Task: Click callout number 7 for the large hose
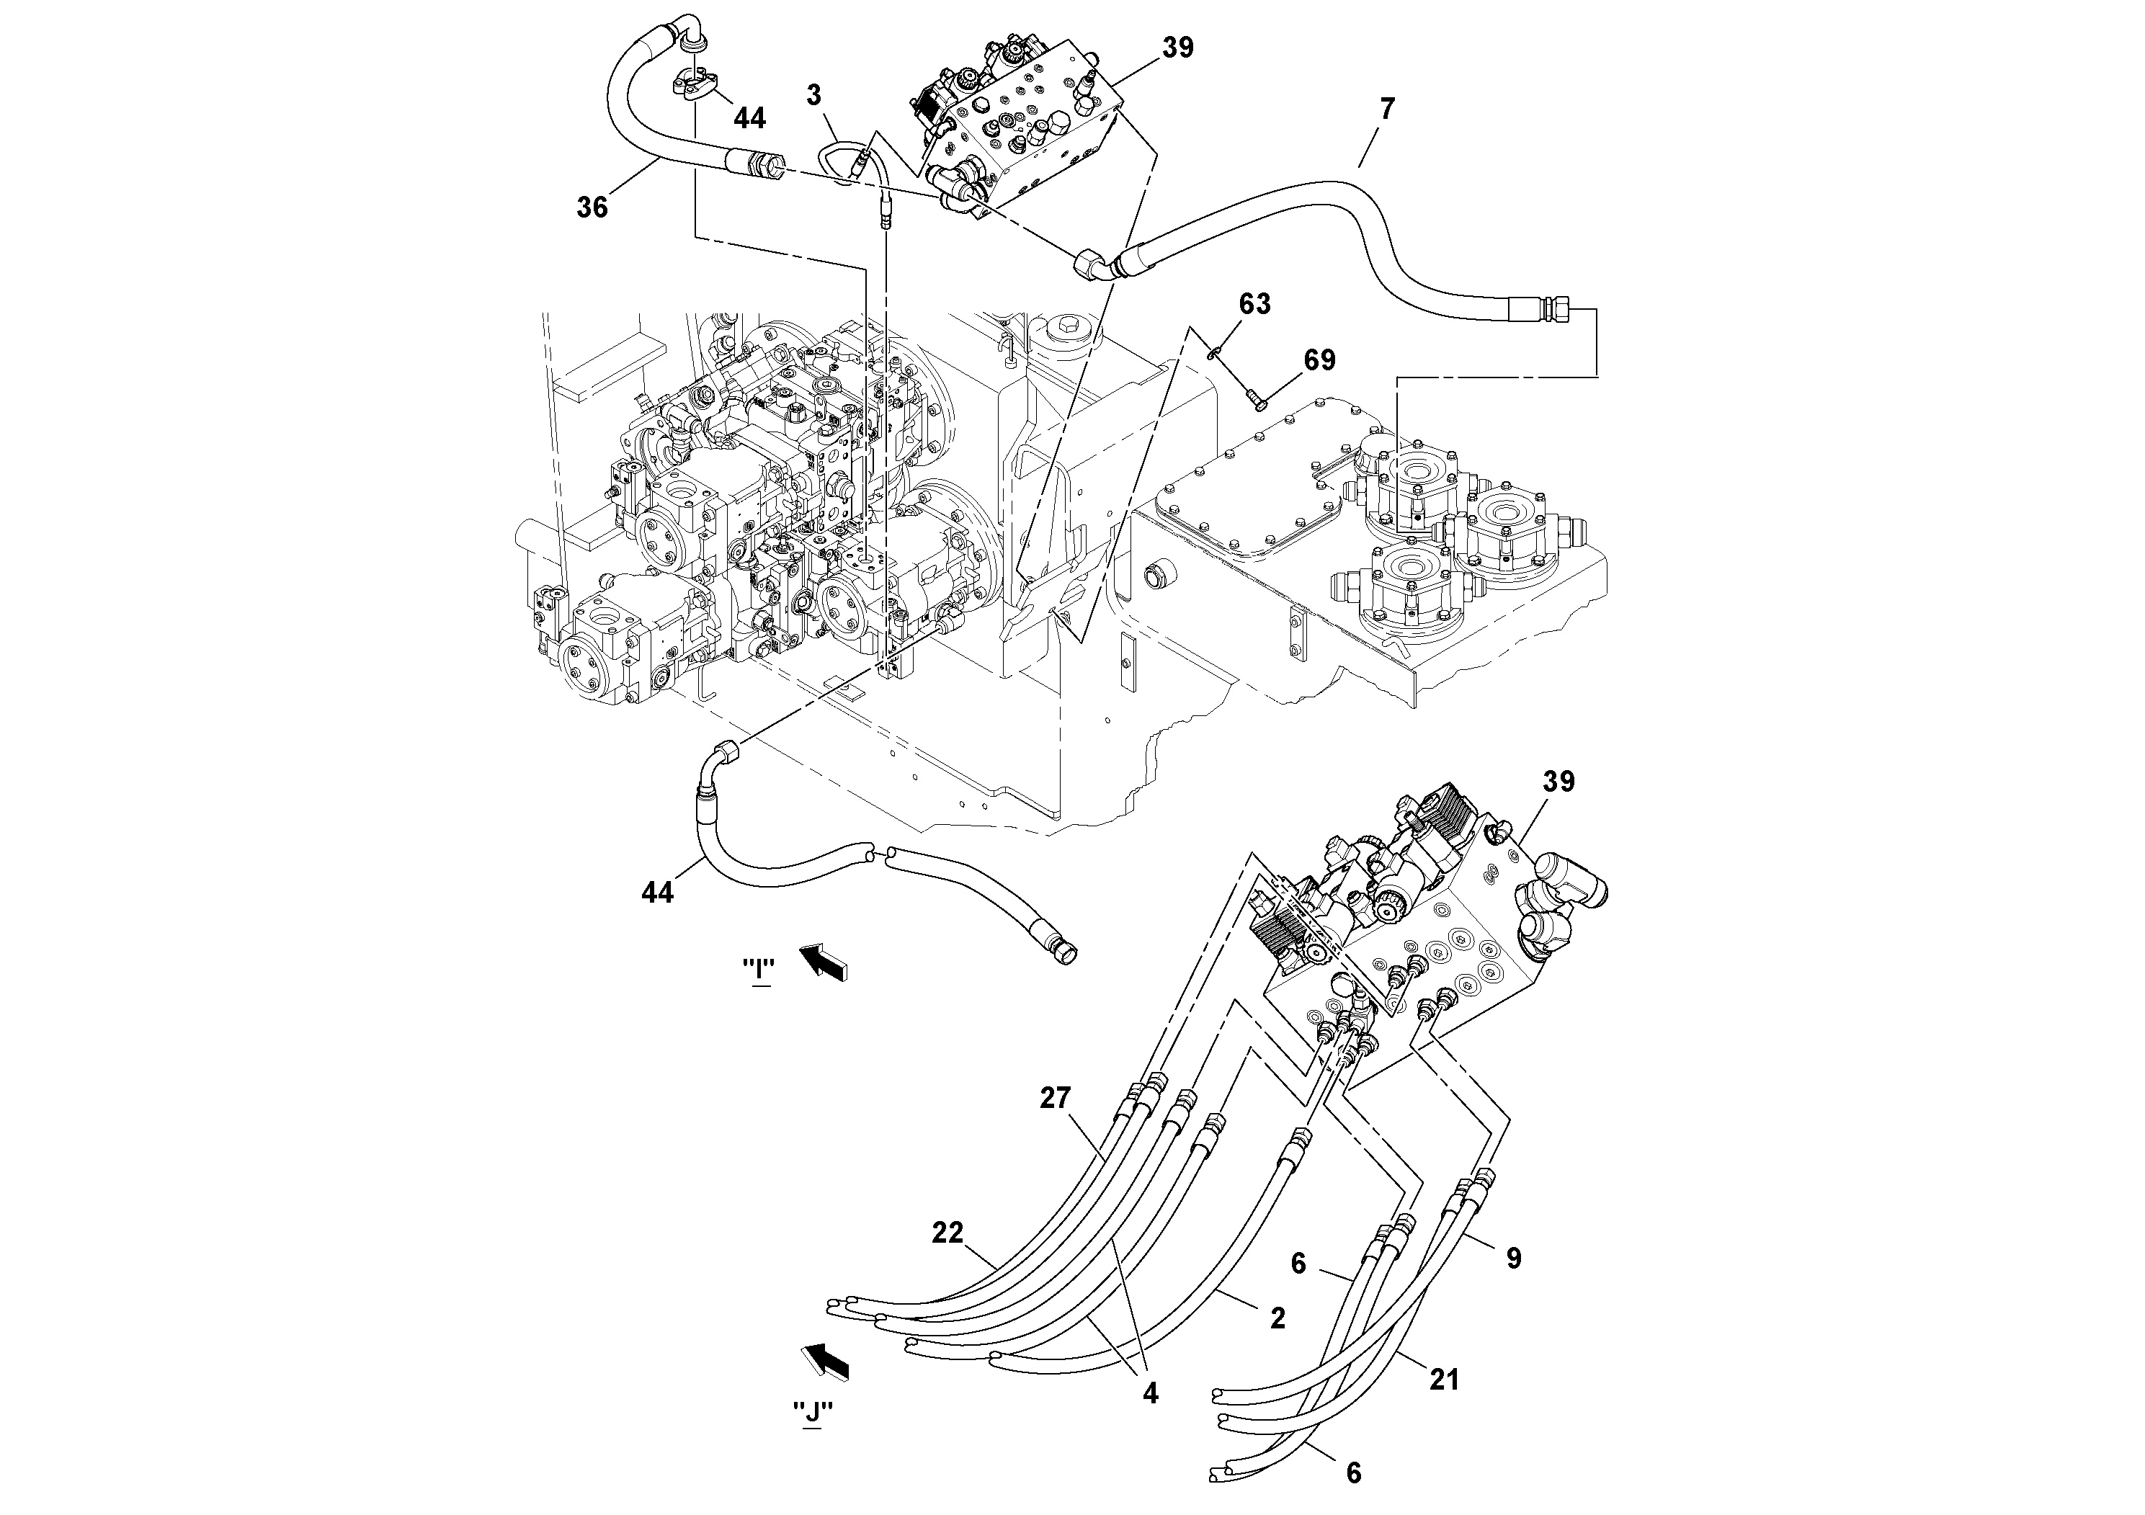pos(1386,110)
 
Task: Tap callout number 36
pos(592,207)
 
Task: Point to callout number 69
pos(1319,359)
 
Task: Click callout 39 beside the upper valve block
pos(1177,48)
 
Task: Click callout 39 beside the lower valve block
pos(1557,782)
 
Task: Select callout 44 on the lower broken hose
pos(657,893)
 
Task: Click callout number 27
pos(1055,1099)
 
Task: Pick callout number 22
pos(946,1233)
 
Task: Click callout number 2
pos(1277,1318)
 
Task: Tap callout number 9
pos(1513,1258)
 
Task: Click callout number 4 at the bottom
pos(1150,1393)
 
